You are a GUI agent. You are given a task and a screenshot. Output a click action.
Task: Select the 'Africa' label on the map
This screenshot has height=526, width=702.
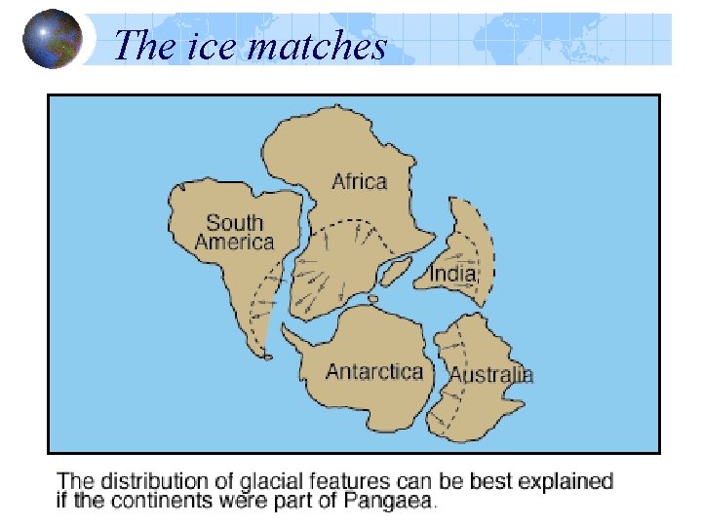point(359,181)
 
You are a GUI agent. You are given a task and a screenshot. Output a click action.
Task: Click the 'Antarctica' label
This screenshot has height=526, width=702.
point(373,371)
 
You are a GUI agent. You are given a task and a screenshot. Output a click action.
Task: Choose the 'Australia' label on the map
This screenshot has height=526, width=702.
point(490,374)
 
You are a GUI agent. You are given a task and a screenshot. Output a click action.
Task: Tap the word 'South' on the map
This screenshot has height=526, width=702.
point(235,223)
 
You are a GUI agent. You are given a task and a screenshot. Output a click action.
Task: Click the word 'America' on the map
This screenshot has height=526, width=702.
point(234,242)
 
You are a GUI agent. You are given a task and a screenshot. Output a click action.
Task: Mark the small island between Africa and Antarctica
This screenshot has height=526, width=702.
point(372,298)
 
